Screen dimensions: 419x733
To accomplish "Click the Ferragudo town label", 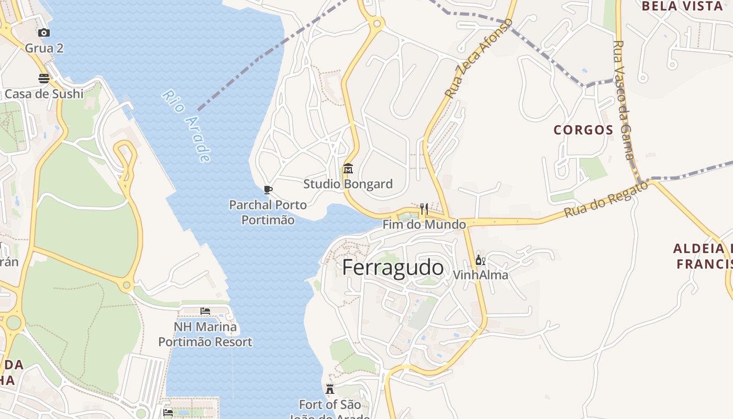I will pos(393,268).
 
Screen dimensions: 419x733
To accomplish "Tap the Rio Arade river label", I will pos(187,126).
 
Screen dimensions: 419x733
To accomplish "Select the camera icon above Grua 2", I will pos(44,33).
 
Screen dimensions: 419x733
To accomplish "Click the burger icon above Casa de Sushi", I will pos(44,79).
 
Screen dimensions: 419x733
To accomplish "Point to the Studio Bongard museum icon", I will pos(348,169).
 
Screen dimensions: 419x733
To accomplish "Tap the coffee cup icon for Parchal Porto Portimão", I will pos(268,190).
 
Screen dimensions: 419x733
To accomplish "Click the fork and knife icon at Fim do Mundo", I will pos(424,210).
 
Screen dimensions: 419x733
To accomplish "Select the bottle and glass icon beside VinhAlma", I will pos(480,260).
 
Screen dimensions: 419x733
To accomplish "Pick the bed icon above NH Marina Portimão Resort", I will pos(205,311).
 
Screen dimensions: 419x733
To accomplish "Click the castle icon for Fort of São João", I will pos(330,389).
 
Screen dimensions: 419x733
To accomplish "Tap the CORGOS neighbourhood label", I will pos(583,130).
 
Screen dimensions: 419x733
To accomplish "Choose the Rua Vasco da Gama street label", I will pos(624,100).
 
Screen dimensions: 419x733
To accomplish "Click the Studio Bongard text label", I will pos(348,184).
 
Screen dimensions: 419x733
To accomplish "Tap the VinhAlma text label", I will pos(480,275).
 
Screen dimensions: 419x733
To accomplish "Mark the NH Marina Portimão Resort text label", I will pos(205,335).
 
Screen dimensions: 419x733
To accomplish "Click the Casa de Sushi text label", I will pos(44,94).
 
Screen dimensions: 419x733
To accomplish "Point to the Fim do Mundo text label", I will pos(424,225).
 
